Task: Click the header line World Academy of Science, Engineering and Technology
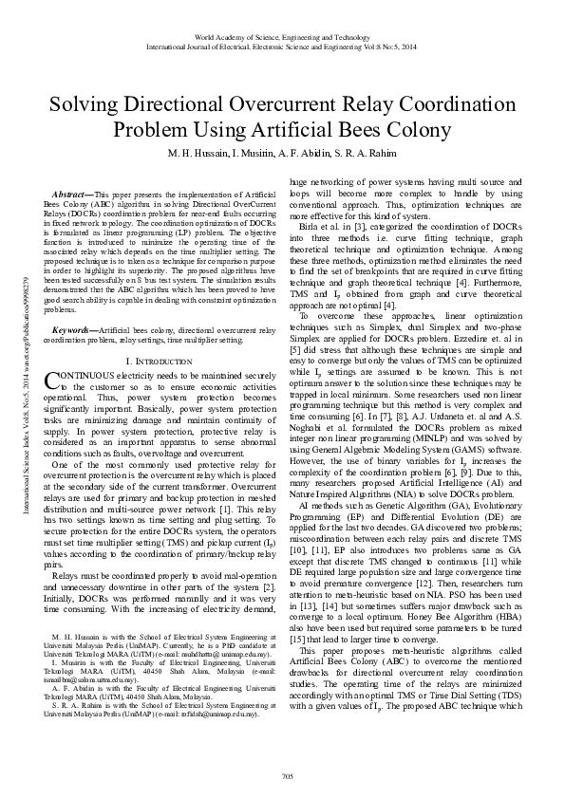[282, 36]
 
